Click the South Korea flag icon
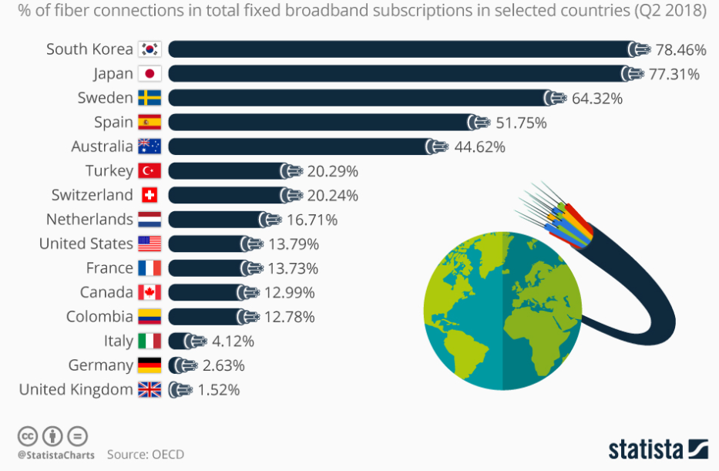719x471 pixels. pos(150,49)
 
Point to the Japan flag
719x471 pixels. pos(150,74)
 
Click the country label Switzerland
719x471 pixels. pos(92,195)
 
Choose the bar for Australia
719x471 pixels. pos(301,146)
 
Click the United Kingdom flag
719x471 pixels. pos(150,390)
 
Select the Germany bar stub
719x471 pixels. pos(177,365)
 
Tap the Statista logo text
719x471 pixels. pos(646,449)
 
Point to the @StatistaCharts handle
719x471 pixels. pos(55,455)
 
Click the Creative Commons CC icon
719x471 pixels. pos(27,435)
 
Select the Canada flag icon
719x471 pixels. pos(150,292)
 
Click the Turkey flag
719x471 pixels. pos(150,171)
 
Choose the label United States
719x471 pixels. pos(86,244)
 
